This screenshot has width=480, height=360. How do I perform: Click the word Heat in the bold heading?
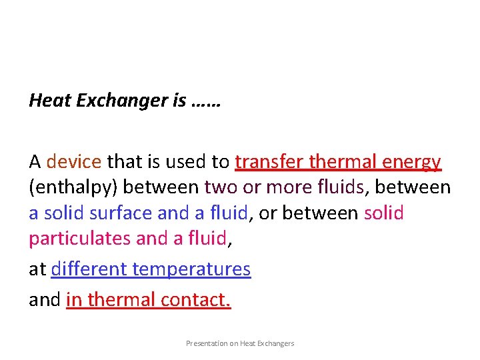click(49, 101)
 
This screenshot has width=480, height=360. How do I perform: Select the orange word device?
click(74, 162)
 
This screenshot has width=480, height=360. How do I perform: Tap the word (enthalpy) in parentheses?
click(73, 189)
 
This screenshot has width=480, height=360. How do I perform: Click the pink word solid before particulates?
click(383, 214)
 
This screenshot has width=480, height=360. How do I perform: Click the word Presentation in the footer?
click(205, 343)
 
